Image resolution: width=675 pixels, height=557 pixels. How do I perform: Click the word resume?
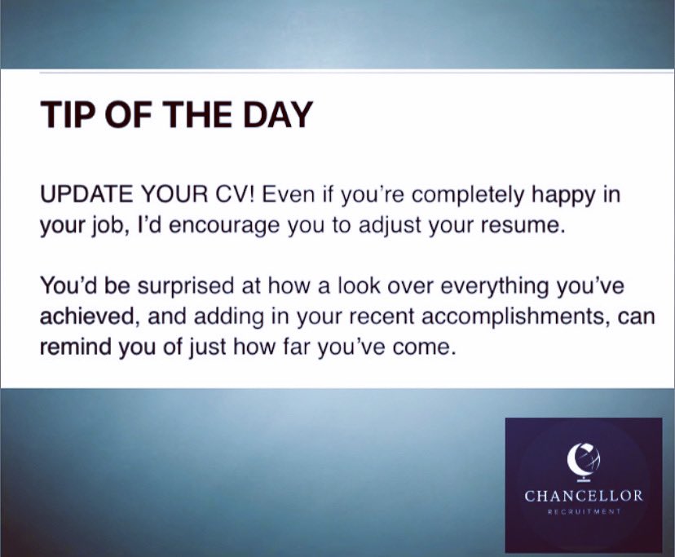click(521, 227)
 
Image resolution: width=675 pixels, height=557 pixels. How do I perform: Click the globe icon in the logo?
click(583, 459)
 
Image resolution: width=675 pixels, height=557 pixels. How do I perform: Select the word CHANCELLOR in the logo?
click(584, 496)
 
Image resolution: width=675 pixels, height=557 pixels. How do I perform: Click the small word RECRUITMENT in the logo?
click(584, 513)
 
